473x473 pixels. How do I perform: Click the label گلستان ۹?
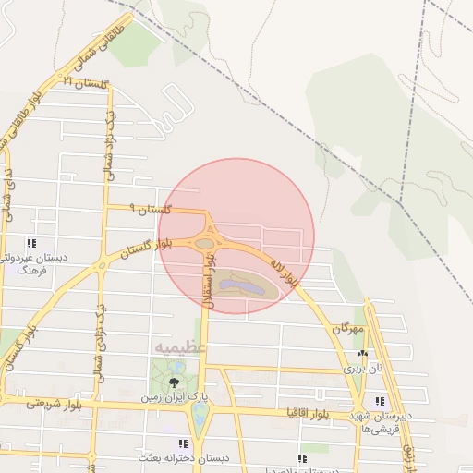[x=151, y=211]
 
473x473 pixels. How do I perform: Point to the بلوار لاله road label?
[x=283, y=270]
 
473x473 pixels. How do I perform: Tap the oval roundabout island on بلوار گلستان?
[x=205, y=243]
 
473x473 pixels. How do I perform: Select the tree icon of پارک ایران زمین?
[x=174, y=382]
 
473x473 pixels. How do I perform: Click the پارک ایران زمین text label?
[x=174, y=397]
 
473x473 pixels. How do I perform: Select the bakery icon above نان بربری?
[x=363, y=354]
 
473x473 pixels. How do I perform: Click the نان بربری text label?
[x=363, y=368]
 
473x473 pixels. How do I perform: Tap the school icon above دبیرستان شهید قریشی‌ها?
[x=380, y=401]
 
